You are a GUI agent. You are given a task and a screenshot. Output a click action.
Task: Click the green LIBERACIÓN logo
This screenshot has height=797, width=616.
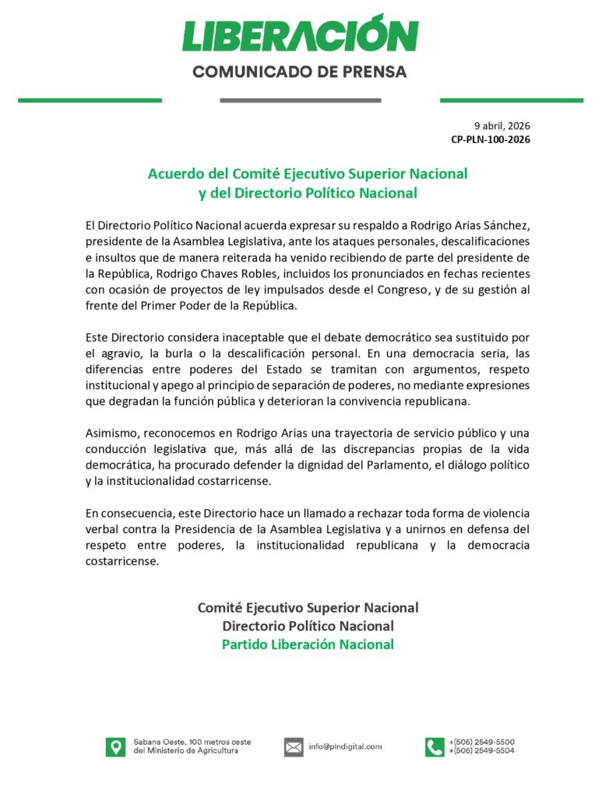pos(300,34)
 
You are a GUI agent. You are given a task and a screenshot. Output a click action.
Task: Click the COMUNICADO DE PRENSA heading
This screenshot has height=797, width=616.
pos(300,72)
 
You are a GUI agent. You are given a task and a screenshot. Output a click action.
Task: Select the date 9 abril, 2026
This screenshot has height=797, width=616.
pos(502,125)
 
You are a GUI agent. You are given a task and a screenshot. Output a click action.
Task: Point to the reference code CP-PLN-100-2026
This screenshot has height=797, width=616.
pos(491,139)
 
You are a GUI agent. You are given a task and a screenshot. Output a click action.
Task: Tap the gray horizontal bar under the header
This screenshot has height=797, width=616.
pos(300,100)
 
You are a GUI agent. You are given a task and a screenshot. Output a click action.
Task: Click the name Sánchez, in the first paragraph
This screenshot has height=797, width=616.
pos(507,224)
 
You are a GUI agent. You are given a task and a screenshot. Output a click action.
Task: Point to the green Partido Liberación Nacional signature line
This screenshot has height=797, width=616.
pos(308,644)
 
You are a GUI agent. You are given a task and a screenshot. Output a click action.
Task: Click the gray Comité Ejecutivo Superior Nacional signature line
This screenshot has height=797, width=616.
pos(308,607)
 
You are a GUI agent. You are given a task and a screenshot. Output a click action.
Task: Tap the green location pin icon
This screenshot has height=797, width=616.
pos(115,747)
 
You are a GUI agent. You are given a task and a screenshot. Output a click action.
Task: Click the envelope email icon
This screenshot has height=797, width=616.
pos(294,747)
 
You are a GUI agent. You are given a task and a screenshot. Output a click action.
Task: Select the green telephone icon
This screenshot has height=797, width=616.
pos(434,747)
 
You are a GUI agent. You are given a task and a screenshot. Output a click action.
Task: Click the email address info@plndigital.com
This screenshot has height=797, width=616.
pos(345,747)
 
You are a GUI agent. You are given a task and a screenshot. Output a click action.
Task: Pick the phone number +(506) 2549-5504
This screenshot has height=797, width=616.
pos(481,752)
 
